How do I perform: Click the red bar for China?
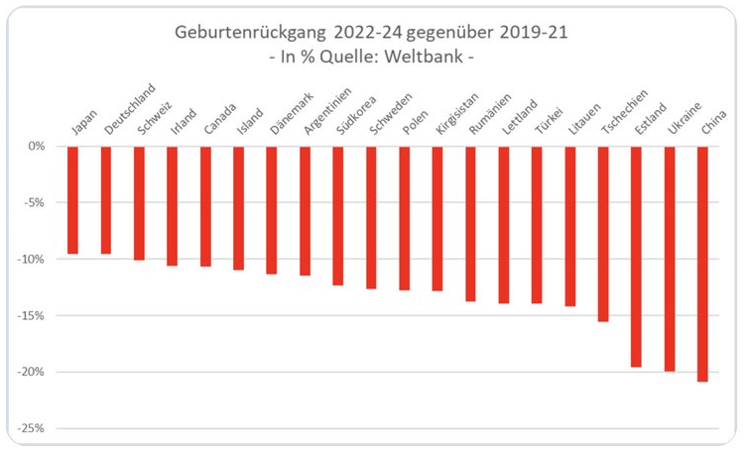[703, 263]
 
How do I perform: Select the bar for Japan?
[71, 199]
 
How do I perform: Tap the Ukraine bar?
[670, 258]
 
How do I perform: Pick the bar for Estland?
[636, 256]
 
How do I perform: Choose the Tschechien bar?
[603, 233]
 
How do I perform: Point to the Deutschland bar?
[105, 199]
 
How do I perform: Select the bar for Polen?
[404, 217]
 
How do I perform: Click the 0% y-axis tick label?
[37, 146]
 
